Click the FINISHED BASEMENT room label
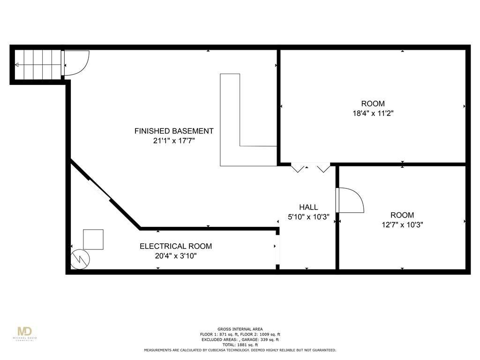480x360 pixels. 174,131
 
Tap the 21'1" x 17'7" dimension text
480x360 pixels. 174,141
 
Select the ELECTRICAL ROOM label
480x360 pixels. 176,246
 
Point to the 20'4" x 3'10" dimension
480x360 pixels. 176,256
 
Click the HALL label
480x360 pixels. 308,207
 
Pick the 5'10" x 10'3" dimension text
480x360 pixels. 308,217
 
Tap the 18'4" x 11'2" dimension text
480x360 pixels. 373,113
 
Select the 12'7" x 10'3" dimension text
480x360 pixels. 402,225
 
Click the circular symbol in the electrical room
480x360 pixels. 80,260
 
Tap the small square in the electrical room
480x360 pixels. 93,240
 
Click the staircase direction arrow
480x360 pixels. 38,65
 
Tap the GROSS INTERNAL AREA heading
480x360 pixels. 240,329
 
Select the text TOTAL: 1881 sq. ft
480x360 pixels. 240,345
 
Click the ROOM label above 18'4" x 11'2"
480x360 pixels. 373,104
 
